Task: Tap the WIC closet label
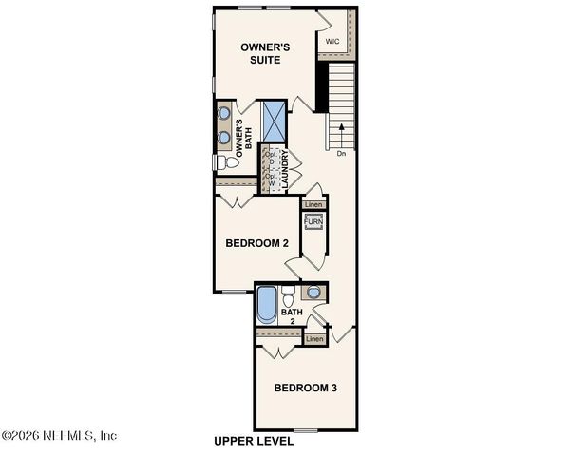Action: tap(332, 42)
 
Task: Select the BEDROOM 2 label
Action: tap(256, 243)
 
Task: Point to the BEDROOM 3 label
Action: tap(306, 388)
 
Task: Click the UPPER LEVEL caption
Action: tap(254, 442)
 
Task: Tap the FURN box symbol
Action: tap(313, 221)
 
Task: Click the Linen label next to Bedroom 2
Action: tap(313, 204)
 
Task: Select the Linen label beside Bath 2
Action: tap(315, 339)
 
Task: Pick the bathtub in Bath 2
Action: tap(266, 306)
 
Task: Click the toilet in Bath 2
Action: tap(288, 295)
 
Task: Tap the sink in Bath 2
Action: tap(313, 293)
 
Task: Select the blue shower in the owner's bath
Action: tap(274, 121)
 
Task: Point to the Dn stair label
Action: tap(341, 152)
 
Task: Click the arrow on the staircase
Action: tap(341, 128)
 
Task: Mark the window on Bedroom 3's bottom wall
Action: tap(306, 430)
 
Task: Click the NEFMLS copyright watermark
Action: tap(59, 435)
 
